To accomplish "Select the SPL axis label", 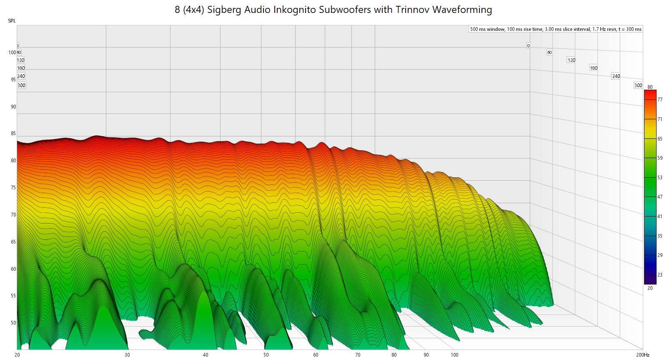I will pyautogui.click(x=12, y=21).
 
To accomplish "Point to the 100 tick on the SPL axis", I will pyautogui.click(x=12, y=53).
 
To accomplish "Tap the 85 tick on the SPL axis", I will pyautogui.click(x=13, y=133).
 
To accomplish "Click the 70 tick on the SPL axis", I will pyautogui.click(x=13, y=215).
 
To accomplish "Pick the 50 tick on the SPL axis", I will pyautogui.click(x=13, y=323).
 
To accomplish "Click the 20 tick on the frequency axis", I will pyautogui.click(x=17, y=355).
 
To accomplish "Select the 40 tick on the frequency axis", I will pyautogui.click(x=206, y=355).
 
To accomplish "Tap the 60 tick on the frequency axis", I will pyautogui.click(x=316, y=355).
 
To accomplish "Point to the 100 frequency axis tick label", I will pyautogui.click(x=454, y=355).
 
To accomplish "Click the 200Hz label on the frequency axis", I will pyautogui.click(x=642, y=355).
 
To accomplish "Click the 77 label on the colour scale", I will pyautogui.click(x=660, y=100).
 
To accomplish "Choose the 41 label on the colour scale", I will pyautogui.click(x=660, y=217).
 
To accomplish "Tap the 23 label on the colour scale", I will pyautogui.click(x=660, y=275).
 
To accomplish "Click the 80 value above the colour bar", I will pyautogui.click(x=650, y=87).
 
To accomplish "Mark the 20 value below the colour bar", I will pyautogui.click(x=650, y=288).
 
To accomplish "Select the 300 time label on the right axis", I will pyautogui.click(x=638, y=86).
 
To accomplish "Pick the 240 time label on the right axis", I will pyautogui.click(x=616, y=76).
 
